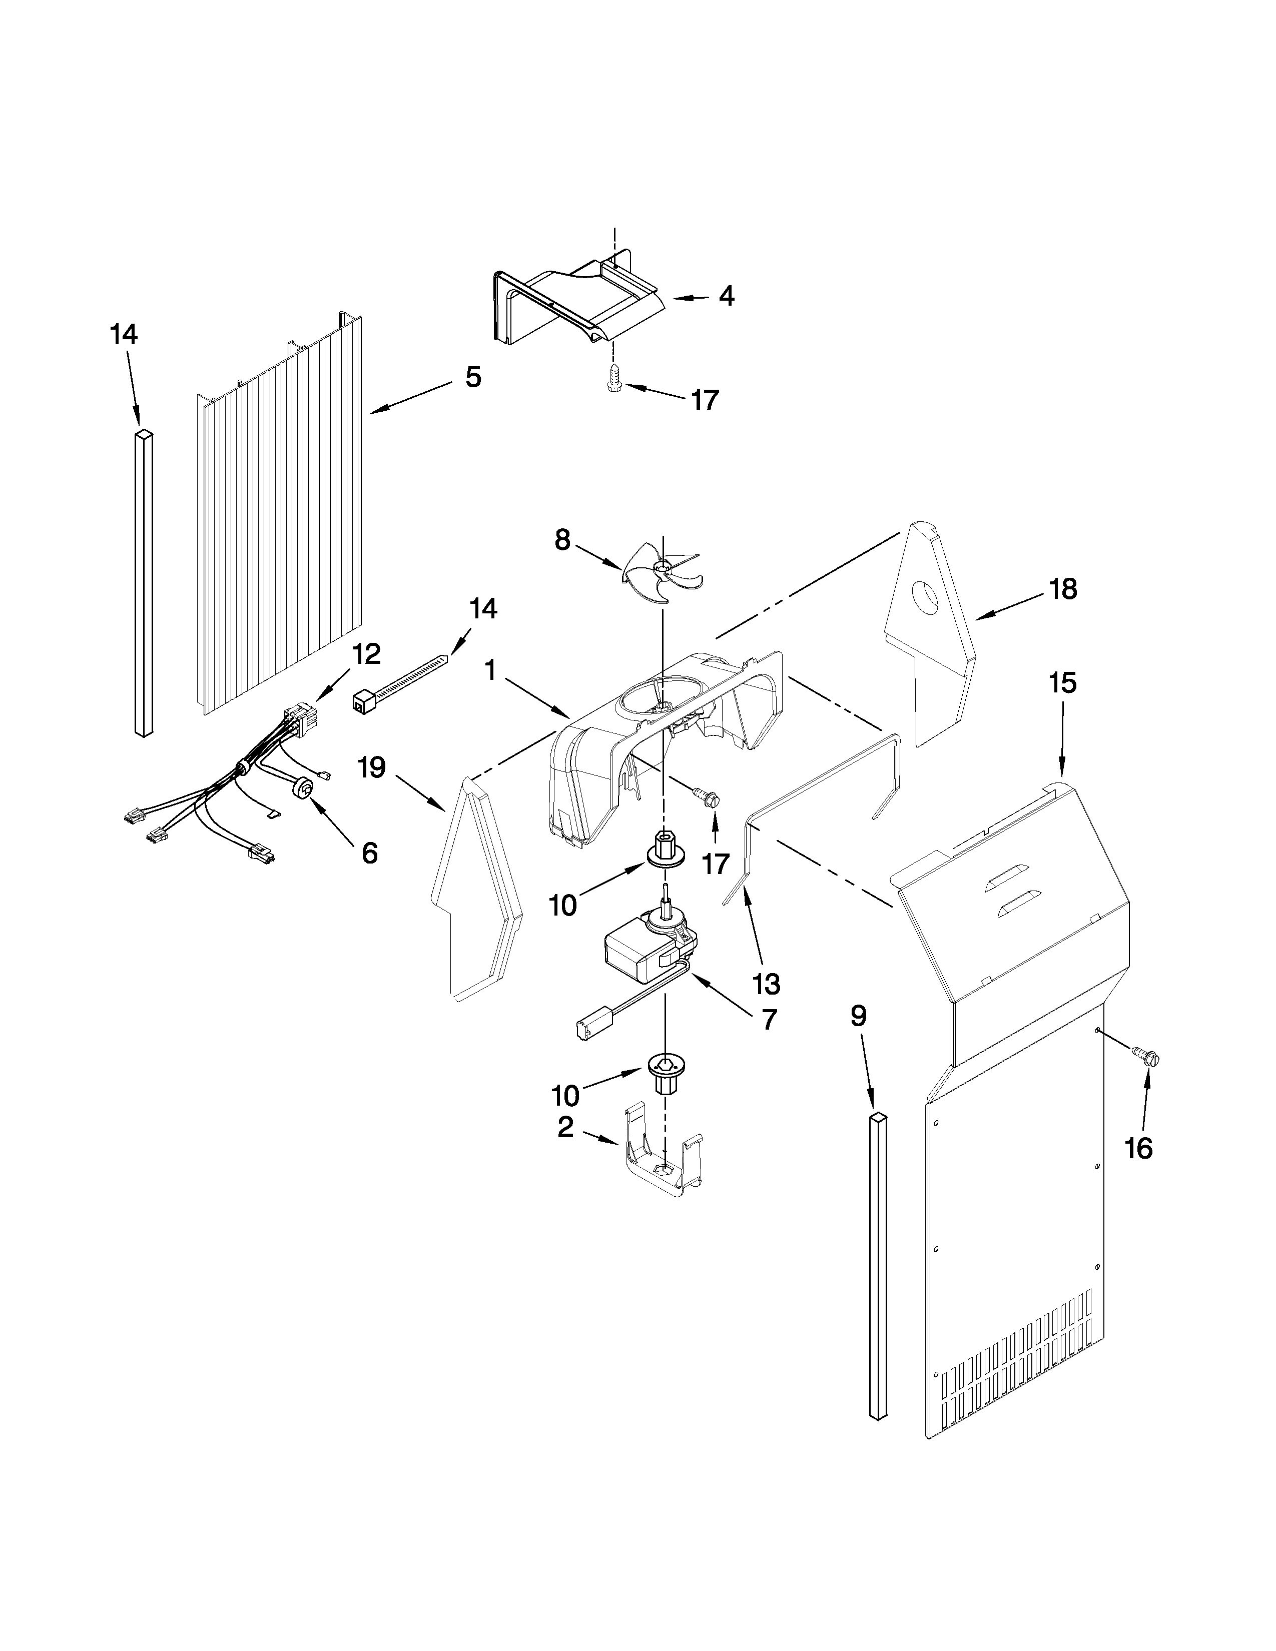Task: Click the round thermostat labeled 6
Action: pyautogui.click(x=305, y=788)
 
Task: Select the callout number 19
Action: pyautogui.click(x=372, y=768)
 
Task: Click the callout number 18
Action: pyautogui.click(x=1063, y=589)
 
